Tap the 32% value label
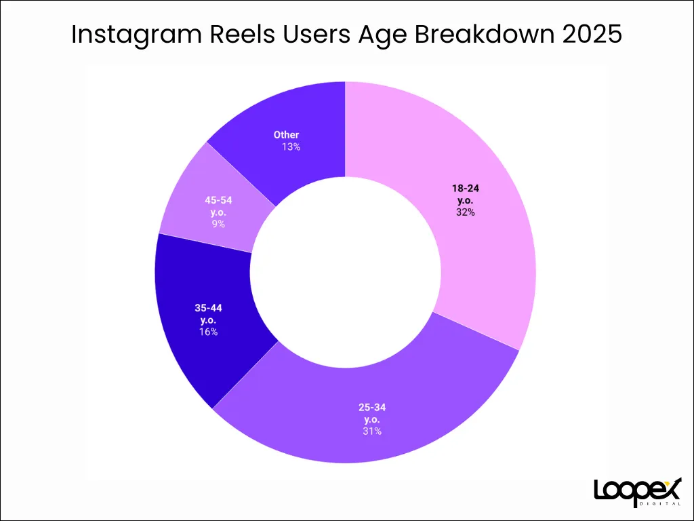point(465,212)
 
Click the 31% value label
point(372,431)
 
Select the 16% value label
point(208,332)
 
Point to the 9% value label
point(218,224)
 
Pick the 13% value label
point(291,147)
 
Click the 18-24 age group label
point(465,194)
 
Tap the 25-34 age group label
point(372,413)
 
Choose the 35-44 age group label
point(208,313)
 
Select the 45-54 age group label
point(218,206)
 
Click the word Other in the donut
point(286,135)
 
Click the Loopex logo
point(638,492)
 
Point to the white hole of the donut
point(345,273)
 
